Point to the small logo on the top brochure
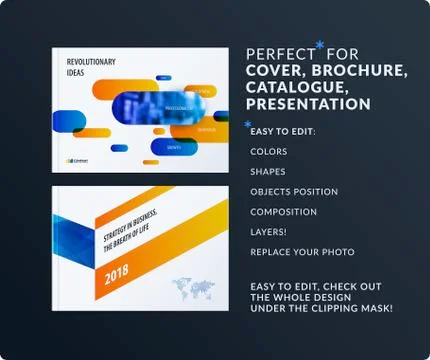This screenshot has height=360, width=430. pos(76,159)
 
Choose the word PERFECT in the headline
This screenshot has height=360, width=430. pos(279,54)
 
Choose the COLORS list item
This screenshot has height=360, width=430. pos(269,152)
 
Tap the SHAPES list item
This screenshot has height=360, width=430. pos(268,172)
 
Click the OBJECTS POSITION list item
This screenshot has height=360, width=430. pos(294,192)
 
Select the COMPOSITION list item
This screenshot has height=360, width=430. pos(284,212)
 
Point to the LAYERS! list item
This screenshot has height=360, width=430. pos(269,232)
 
